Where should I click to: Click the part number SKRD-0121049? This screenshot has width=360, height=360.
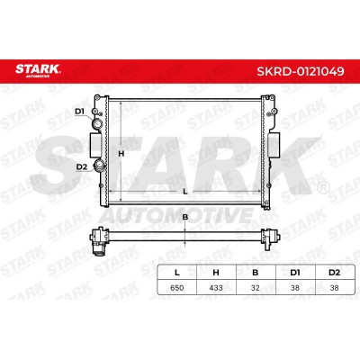coord(301,71)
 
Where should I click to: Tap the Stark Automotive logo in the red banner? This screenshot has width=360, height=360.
coord(38,70)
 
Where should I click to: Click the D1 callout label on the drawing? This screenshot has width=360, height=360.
coord(79,112)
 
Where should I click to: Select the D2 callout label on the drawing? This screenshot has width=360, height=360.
coord(81,166)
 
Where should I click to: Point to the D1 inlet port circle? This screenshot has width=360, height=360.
coord(97,123)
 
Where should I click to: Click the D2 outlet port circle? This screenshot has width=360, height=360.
coord(99,165)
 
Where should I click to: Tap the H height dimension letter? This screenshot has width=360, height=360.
coord(121,154)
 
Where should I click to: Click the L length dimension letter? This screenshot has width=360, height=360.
coord(185,192)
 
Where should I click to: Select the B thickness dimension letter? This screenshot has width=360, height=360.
coord(185,217)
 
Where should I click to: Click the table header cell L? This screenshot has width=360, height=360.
coord(177,273)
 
